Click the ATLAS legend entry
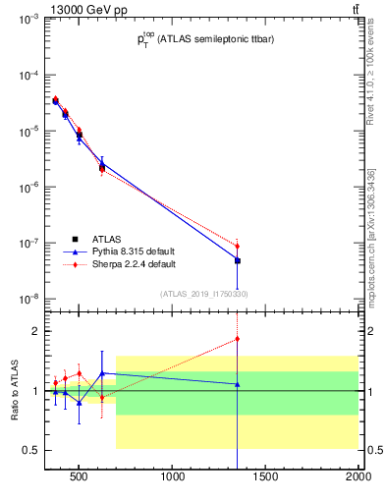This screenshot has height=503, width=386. point(107,238)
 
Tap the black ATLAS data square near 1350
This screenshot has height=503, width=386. point(237,260)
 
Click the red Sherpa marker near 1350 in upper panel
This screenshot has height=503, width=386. point(237,246)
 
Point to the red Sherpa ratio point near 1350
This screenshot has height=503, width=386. point(237,339)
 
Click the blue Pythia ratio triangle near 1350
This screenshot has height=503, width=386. point(237,384)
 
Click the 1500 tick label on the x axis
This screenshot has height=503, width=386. point(266,480)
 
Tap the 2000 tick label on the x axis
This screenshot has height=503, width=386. point(358,480)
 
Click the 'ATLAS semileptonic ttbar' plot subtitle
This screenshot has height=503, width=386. point(203,39)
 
